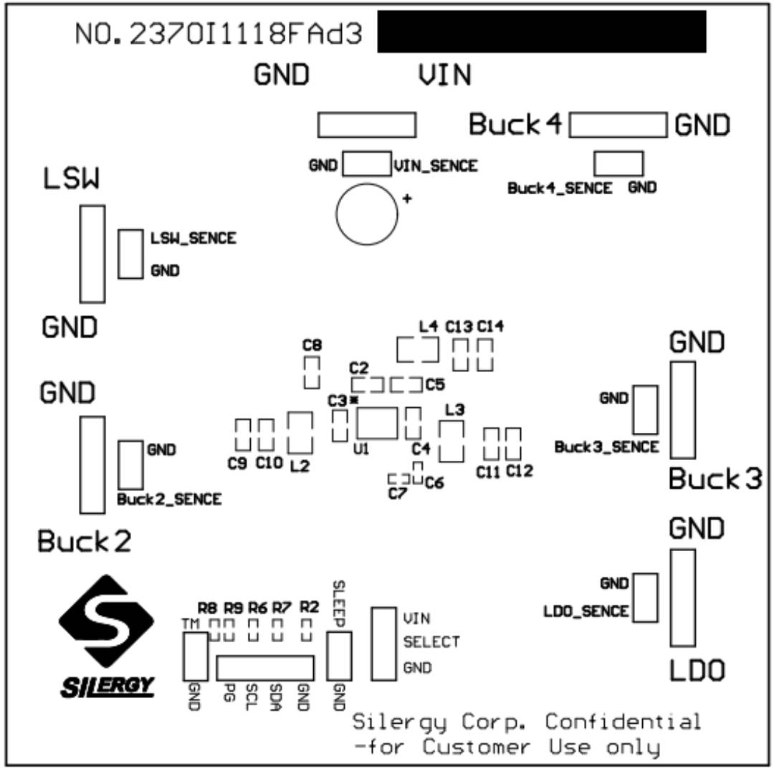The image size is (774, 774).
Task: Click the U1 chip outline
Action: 377,423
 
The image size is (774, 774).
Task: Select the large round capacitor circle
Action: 366,213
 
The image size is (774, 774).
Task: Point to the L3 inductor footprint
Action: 452,441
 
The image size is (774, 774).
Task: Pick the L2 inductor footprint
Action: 300,432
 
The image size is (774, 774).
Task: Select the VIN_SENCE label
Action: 435,166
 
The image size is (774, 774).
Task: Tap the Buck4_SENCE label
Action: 560,188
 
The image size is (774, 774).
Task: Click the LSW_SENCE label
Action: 193,238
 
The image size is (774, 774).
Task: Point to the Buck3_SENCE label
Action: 606,446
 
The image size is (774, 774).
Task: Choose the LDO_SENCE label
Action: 586,611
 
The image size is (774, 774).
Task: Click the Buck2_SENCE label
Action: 169,499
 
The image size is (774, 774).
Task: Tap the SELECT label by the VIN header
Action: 431,642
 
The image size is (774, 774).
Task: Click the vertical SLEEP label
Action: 339,602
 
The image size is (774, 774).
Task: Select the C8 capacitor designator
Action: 312,345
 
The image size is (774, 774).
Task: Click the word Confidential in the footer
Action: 623,721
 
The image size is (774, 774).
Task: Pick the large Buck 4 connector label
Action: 515,125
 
